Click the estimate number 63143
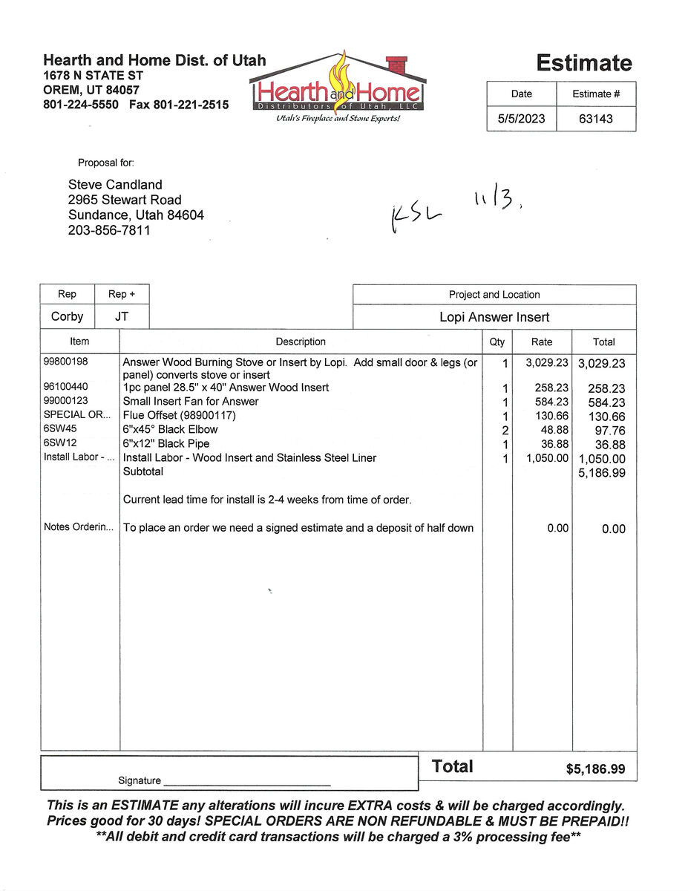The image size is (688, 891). (596, 118)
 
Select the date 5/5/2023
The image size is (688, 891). (521, 118)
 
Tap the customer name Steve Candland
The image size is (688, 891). (115, 185)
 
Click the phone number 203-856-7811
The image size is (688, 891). (109, 231)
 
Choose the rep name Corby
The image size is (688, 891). (68, 316)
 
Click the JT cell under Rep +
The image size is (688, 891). (122, 316)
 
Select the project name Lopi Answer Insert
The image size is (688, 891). (494, 317)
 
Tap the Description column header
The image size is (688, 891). (301, 342)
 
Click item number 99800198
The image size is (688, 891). (66, 362)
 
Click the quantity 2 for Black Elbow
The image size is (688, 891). (505, 430)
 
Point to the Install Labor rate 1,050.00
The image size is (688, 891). (547, 458)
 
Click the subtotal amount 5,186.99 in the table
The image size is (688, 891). (601, 472)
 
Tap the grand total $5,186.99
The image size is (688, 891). (595, 769)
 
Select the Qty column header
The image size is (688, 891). (497, 342)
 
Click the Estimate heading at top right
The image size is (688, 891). (584, 63)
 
